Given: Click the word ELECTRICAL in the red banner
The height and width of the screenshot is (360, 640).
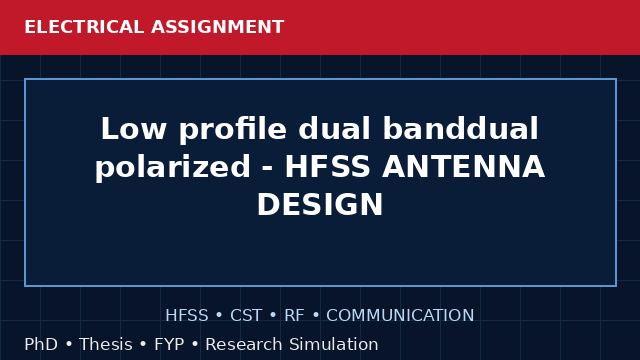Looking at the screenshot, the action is click(x=84, y=27).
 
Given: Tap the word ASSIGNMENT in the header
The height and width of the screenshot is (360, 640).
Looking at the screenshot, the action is click(x=218, y=27).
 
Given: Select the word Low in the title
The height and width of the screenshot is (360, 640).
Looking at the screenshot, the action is click(x=133, y=129).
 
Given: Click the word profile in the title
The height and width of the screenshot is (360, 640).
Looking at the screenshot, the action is click(x=233, y=129).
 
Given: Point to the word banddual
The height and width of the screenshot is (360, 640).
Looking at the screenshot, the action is click(x=461, y=128).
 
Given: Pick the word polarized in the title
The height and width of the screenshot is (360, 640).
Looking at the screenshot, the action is click(x=173, y=167).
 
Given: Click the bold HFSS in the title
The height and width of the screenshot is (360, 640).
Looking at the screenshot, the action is click(x=327, y=167).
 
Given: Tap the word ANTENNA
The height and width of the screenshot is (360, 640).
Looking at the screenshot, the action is click(x=463, y=167).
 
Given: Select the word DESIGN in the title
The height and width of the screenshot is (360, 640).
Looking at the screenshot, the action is click(x=320, y=204).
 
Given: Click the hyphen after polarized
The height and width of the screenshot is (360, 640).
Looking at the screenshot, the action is click(x=267, y=169).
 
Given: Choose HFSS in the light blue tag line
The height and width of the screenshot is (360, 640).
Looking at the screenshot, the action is click(x=187, y=316).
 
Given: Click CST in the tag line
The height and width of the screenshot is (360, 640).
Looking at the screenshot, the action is click(x=246, y=316).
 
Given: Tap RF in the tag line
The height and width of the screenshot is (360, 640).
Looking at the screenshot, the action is click(x=294, y=316).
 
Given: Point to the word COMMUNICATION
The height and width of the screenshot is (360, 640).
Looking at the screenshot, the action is click(x=400, y=316).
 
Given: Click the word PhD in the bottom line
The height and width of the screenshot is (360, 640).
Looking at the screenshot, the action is click(x=41, y=344).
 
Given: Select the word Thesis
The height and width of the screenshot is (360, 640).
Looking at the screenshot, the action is click(x=106, y=344).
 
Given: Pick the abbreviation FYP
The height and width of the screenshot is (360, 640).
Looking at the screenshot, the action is click(x=169, y=344).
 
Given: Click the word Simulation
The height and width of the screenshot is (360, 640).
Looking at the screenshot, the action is click(x=334, y=344).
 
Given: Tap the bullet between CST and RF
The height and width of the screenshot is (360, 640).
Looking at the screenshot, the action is click(x=273, y=316).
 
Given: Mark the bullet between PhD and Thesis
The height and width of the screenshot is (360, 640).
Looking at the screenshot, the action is click(x=69, y=345).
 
